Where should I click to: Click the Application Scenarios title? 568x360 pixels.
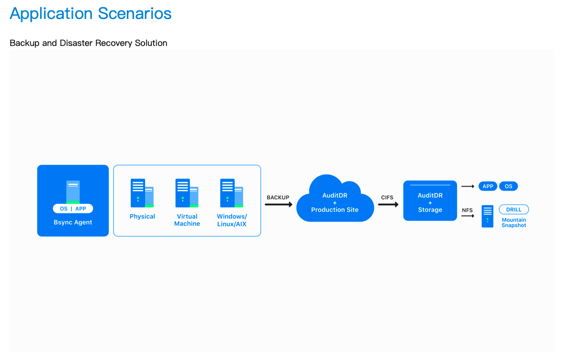[91, 14]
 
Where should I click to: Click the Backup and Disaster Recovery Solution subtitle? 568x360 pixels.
[88, 43]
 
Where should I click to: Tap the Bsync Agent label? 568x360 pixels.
[73, 222]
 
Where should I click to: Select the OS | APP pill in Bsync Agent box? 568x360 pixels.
[73, 208]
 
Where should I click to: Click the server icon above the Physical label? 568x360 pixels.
[142, 193]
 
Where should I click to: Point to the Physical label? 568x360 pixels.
[142, 216]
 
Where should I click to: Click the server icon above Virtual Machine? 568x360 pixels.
[187, 193]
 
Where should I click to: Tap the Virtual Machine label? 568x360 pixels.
[187, 220]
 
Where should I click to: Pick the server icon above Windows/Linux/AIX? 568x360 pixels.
[231, 193]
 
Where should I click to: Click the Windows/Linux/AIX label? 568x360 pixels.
[232, 220]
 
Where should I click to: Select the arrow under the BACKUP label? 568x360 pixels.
[279, 204]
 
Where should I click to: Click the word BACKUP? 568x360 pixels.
[278, 198]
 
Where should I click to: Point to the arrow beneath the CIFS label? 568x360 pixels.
[388, 204]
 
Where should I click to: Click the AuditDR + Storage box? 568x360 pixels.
[430, 200]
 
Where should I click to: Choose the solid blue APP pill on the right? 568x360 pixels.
[488, 187]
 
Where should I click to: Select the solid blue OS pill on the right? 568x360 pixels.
[508, 187]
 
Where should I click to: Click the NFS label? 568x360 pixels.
[467, 210]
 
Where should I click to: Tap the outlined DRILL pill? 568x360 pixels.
[513, 210]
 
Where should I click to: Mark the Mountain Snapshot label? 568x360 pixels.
[513, 223]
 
